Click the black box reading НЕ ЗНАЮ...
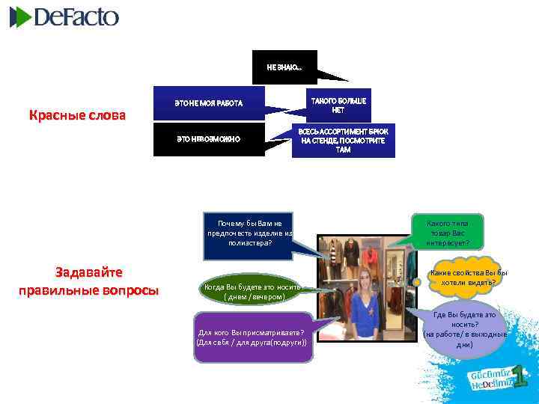(x=284, y=67)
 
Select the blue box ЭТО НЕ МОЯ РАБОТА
(x=209, y=102)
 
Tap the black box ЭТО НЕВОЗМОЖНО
(x=209, y=140)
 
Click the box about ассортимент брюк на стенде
(x=343, y=141)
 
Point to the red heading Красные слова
(x=77, y=116)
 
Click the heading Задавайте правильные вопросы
(x=88, y=281)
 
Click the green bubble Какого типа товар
(x=448, y=233)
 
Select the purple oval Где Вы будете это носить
(x=465, y=330)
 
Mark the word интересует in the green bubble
(x=448, y=242)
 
